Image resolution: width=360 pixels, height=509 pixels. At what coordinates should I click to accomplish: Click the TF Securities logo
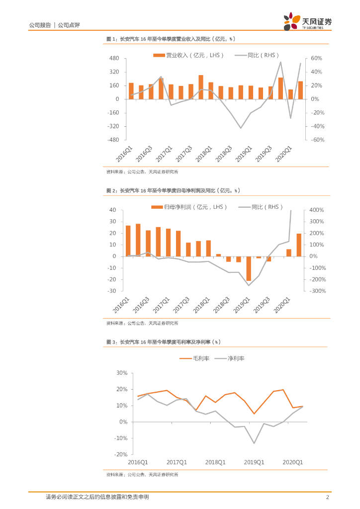(x=307, y=22)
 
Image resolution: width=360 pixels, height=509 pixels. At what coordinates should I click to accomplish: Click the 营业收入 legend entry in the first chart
(x=188, y=55)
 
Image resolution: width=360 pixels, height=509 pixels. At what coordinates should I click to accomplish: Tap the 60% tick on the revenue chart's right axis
(x=317, y=59)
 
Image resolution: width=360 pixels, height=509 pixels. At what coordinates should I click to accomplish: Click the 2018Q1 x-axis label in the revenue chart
(x=204, y=154)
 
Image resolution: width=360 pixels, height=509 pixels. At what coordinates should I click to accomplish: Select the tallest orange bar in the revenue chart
(x=201, y=87)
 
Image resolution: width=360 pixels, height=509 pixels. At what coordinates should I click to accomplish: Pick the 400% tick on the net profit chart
(x=317, y=210)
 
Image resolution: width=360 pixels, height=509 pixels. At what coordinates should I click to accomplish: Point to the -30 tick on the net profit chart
(x=113, y=291)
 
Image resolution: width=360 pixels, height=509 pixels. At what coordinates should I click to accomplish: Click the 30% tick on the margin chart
(x=122, y=373)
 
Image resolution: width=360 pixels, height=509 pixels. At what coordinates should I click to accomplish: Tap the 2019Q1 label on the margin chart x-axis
(x=254, y=462)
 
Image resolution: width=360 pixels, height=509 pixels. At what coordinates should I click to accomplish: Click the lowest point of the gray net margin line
(x=254, y=443)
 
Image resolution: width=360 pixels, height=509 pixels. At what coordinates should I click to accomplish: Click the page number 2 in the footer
(x=327, y=497)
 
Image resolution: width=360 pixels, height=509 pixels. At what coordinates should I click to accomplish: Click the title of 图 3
(x=164, y=342)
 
